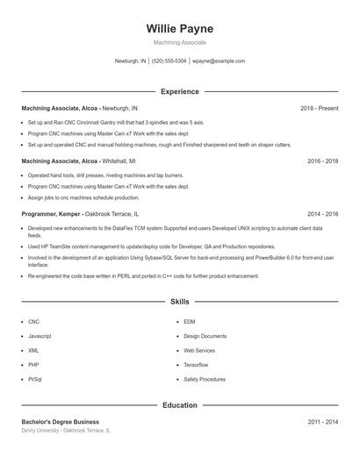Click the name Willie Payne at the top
pyautogui.click(x=179, y=28)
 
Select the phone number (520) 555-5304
pyautogui.click(x=169, y=61)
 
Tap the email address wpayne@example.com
pyautogui.click(x=219, y=61)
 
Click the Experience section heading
pyautogui.click(x=179, y=91)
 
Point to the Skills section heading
pyautogui.click(x=179, y=301)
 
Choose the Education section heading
pyautogui.click(x=179, y=405)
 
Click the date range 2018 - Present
pyautogui.click(x=319, y=109)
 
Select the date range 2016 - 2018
pyautogui.click(x=322, y=161)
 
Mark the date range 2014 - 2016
pyautogui.click(x=322, y=214)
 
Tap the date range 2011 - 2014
pyautogui.click(x=322, y=422)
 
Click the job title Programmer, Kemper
pyautogui.click(x=51, y=214)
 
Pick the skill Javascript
pyautogui.click(x=40, y=336)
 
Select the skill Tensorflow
pyautogui.click(x=196, y=364)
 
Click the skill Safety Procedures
pyautogui.click(x=205, y=378)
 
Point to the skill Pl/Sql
pyautogui.click(x=35, y=378)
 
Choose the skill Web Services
pyautogui.click(x=199, y=350)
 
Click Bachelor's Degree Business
pyautogui.click(x=60, y=422)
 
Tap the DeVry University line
pyautogui.click(x=66, y=431)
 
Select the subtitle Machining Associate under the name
pyautogui.click(x=179, y=42)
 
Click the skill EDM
pyautogui.click(x=190, y=322)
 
